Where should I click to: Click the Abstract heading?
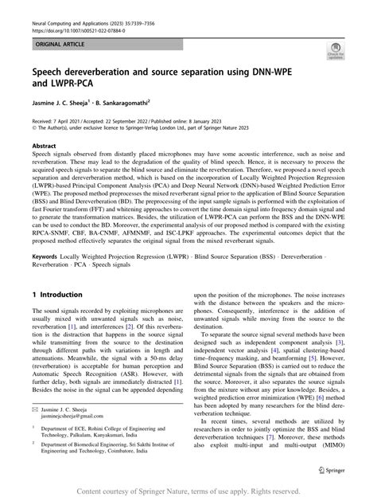[x=45, y=147]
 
